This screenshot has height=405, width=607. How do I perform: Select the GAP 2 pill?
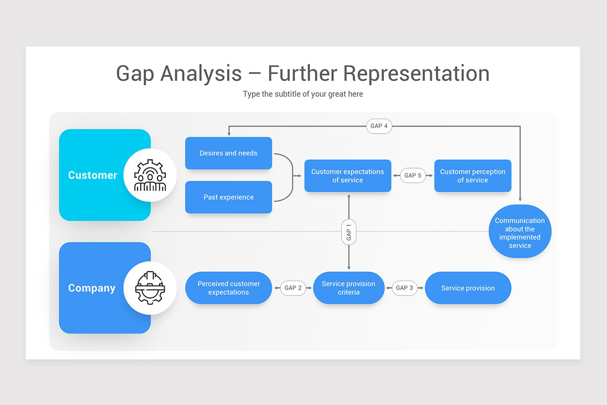point(293,288)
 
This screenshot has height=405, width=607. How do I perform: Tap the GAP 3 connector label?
point(405,288)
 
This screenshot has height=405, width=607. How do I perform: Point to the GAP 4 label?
point(379,126)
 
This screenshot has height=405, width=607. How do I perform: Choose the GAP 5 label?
point(413,176)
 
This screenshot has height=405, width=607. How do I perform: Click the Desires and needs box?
point(229,153)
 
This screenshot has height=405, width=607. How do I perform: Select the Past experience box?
point(229,197)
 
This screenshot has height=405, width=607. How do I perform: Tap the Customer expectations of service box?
point(348,176)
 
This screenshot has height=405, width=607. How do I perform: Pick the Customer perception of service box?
point(472,176)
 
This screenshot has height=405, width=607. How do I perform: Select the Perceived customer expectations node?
point(229,288)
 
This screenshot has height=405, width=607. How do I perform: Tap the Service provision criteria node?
point(349,288)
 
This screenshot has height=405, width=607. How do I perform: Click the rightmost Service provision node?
point(468,288)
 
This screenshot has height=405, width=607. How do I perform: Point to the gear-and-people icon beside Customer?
point(150,175)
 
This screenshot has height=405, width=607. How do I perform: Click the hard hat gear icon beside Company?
point(150,288)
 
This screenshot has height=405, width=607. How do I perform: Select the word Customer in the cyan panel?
point(93,175)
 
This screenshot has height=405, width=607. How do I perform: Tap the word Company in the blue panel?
point(92,288)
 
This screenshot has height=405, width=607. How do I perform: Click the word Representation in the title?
point(416,73)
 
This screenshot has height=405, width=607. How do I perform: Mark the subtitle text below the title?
point(302,94)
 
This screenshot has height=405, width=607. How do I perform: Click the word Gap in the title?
point(135,73)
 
